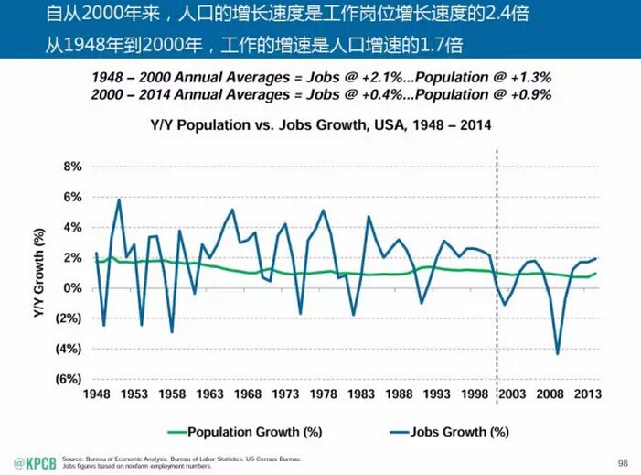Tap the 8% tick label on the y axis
(x=73, y=167)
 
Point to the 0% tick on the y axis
(x=73, y=288)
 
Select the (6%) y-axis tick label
(x=69, y=379)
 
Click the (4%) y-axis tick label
(x=69, y=349)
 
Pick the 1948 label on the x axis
(x=96, y=396)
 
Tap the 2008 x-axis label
(x=548, y=396)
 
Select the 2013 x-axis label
(x=585, y=396)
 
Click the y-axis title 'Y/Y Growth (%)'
(x=39, y=273)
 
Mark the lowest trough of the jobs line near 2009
(x=557, y=353)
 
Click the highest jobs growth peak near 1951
(x=119, y=200)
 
